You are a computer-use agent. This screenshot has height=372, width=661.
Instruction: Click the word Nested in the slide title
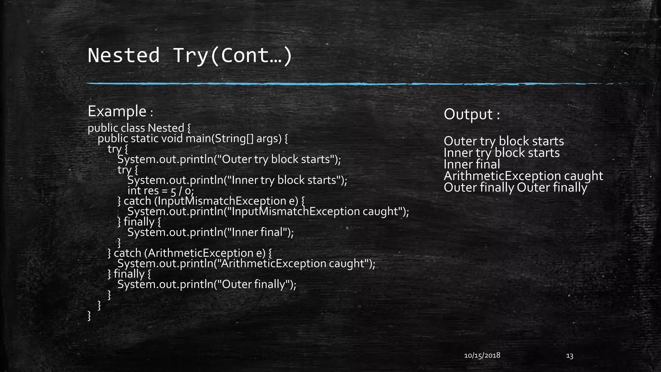click(124, 55)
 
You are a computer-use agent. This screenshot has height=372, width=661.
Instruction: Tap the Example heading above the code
click(117, 111)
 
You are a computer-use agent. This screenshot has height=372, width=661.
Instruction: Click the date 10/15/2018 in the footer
click(482, 356)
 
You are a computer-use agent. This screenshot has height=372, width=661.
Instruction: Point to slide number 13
click(570, 356)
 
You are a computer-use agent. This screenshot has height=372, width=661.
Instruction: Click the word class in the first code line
click(133, 128)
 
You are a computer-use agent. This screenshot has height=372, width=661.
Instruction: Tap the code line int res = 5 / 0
click(160, 191)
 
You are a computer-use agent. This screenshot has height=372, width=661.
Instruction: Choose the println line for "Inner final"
click(210, 232)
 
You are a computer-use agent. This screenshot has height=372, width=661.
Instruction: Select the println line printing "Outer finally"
click(207, 284)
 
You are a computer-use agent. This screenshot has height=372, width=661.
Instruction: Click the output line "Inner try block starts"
click(502, 153)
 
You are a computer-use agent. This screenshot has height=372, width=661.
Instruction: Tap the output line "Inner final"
click(472, 164)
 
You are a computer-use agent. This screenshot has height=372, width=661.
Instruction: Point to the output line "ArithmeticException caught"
click(523, 176)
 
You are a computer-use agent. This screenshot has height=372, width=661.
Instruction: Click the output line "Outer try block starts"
click(503, 141)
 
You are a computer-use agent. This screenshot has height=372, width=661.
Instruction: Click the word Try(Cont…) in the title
click(232, 55)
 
